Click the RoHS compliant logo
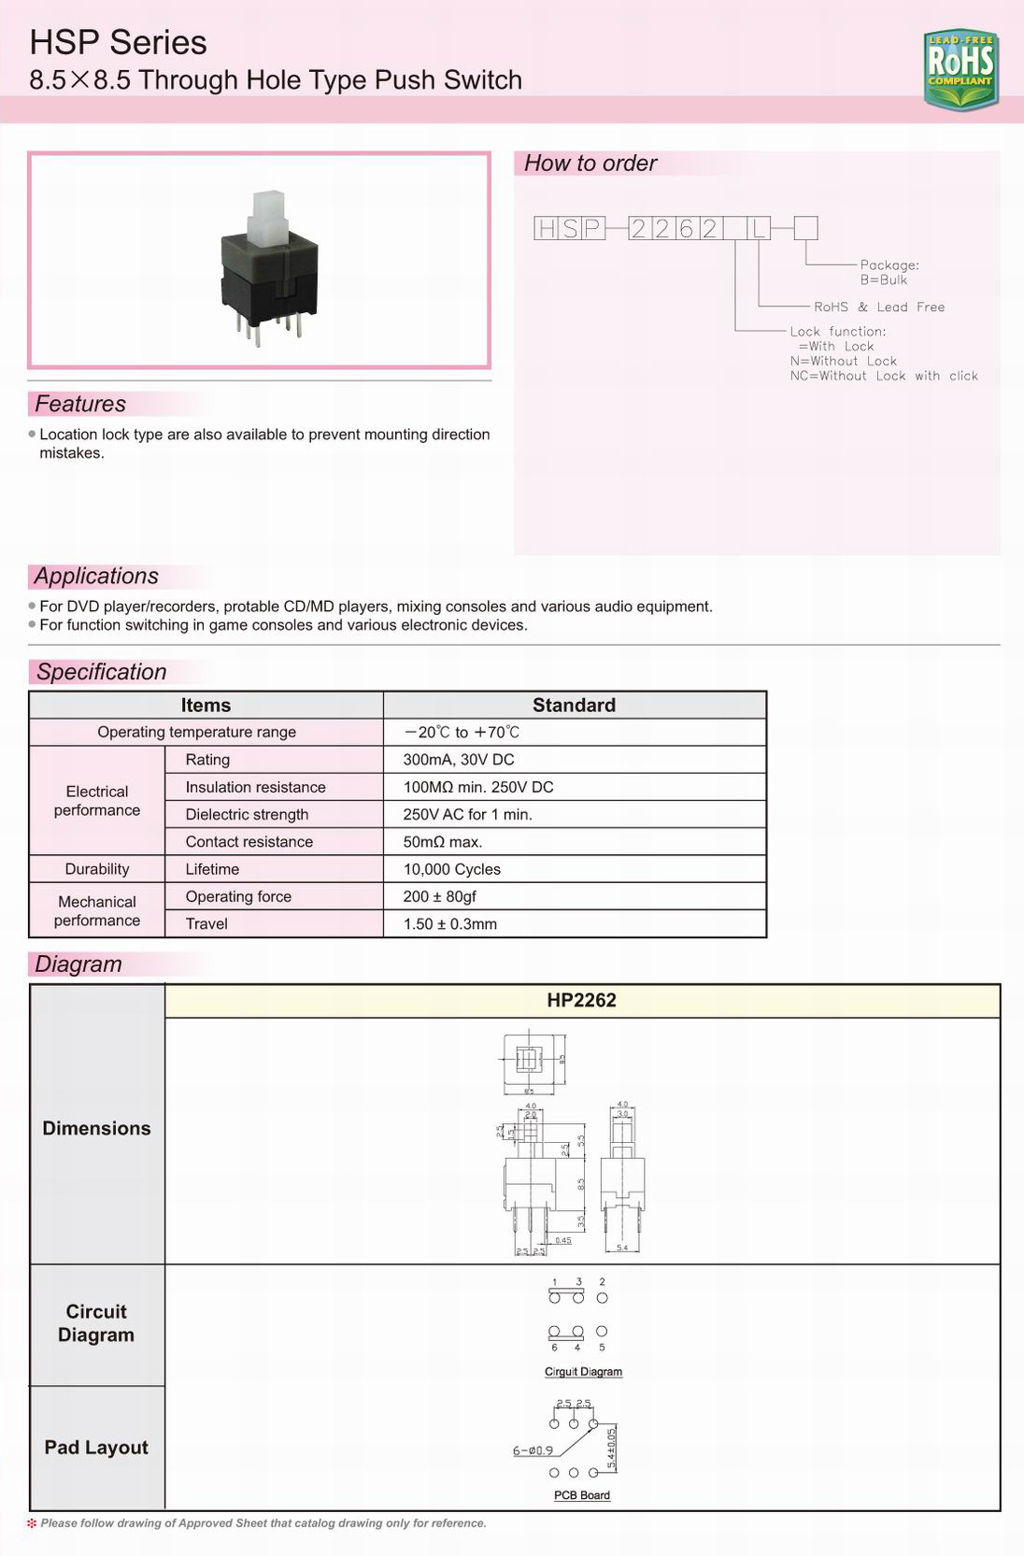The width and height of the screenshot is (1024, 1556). tap(960, 68)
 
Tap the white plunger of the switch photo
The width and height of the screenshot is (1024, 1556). tap(269, 217)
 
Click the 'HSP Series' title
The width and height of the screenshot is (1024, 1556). tap(118, 43)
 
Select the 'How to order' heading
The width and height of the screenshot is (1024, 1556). tap(590, 164)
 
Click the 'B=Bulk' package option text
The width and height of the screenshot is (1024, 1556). tap(883, 280)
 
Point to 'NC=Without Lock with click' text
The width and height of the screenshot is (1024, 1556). tap(883, 376)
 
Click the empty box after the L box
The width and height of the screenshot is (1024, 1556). tap(805, 228)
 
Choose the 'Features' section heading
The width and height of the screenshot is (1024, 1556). tap(80, 404)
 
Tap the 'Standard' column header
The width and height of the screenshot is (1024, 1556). tap(574, 706)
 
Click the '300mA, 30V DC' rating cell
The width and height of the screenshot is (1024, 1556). tap(459, 760)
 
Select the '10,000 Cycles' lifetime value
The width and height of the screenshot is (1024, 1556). tap(452, 869)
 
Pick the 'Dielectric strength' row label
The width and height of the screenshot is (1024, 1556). tap(247, 814)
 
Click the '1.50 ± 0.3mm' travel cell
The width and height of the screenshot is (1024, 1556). tap(450, 924)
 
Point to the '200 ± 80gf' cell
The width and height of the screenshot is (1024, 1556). tap(440, 896)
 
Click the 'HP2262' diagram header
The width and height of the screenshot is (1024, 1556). tap(581, 1001)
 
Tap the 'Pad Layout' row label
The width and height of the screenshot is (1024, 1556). tap(96, 1448)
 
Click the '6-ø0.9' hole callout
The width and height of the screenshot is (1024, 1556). tap(533, 1450)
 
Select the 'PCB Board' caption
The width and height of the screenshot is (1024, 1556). tap(581, 1495)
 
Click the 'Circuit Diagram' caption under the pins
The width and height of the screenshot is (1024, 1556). tap(583, 1372)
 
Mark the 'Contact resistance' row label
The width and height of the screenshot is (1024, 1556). tap(249, 842)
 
